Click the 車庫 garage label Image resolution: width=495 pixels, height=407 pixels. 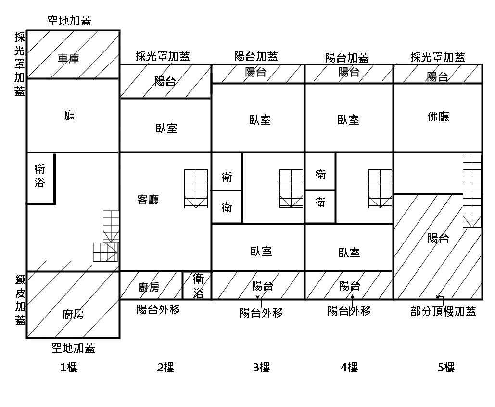[68, 58]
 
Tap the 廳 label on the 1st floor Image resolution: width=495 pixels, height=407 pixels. [69, 115]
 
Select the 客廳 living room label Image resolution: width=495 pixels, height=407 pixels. [148, 200]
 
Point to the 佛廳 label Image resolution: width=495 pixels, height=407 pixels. [438, 116]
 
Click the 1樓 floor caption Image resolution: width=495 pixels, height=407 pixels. [69, 367]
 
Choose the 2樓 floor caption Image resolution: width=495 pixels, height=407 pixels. [165, 367]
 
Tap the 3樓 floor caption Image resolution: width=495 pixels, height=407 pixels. [261, 367]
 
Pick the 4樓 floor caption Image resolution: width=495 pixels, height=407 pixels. [349, 367]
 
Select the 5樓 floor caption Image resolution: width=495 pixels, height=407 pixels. [446, 367]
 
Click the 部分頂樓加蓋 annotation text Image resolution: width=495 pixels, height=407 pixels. [443, 312]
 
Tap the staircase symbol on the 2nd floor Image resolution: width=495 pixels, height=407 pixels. [196, 189]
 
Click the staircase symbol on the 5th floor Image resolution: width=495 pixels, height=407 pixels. [472, 191]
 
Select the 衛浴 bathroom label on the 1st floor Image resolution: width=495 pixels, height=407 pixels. [40, 176]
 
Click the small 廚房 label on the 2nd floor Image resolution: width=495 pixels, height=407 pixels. [149, 287]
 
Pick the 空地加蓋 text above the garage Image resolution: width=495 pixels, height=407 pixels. [69, 21]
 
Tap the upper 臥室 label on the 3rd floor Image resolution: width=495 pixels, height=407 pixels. [260, 120]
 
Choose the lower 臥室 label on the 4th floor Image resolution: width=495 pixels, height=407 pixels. [349, 253]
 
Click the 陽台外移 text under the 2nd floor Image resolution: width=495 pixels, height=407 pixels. [158, 309]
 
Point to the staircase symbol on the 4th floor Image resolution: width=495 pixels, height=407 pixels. [381, 189]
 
